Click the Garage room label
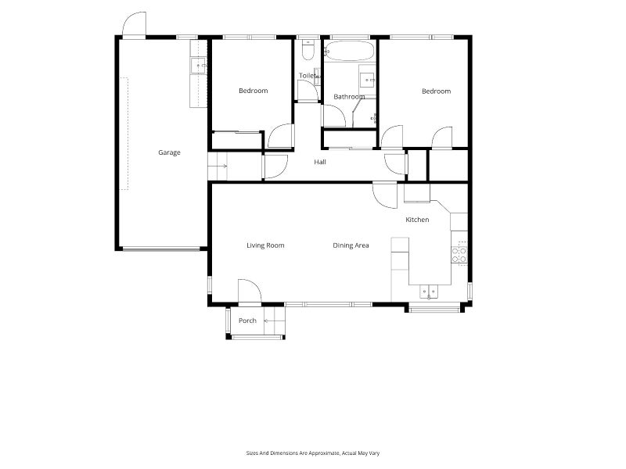pyautogui.click(x=169, y=152)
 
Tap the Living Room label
pyautogui.click(x=265, y=245)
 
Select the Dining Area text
pyautogui.click(x=351, y=245)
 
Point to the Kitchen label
pyautogui.click(x=417, y=220)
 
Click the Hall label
pyautogui.click(x=320, y=162)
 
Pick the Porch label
pyautogui.click(x=247, y=320)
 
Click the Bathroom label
pyautogui.click(x=349, y=96)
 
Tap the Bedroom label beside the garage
pyautogui.click(x=253, y=91)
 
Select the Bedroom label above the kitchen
pyautogui.click(x=437, y=91)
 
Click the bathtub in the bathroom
pyautogui.click(x=349, y=51)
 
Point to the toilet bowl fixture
pyautogui.click(x=308, y=50)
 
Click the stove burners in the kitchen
pyautogui.click(x=459, y=255)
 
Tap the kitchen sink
pyautogui.click(x=429, y=292)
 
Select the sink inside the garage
pyautogui.click(x=199, y=66)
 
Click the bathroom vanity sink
pyautogui.click(x=367, y=81)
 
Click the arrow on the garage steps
pyautogui.click(x=221, y=166)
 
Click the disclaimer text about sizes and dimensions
pyautogui.click(x=312, y=453)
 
